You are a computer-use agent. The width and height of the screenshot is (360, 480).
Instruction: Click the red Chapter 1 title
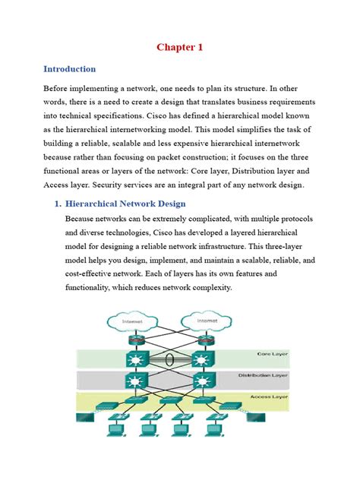click(x=180, y=47)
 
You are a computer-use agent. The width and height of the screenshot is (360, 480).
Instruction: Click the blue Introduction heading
click(x=69, y=69)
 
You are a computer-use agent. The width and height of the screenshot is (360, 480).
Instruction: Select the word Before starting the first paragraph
click(x=62, y=87)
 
